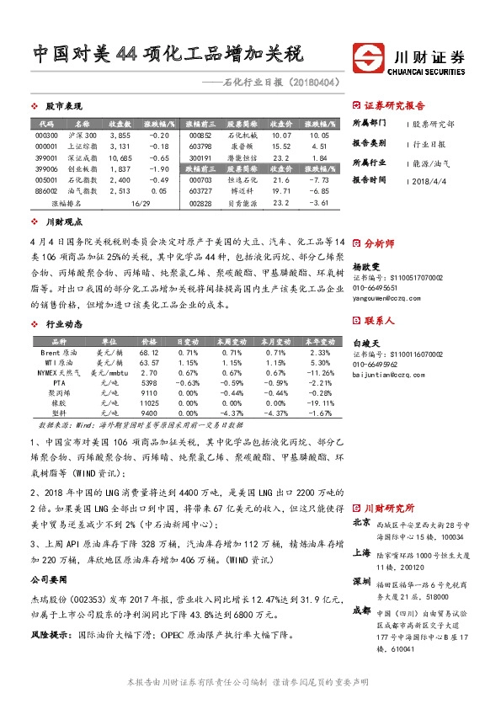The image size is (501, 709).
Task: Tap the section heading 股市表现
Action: (x=63, y=106)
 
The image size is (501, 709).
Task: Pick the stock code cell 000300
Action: (x=47, y=135)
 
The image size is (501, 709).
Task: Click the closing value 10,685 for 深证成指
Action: (x=120, y=157)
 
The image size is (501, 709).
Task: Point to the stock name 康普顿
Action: (x=240, y=146)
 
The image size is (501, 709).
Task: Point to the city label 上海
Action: (x=361, y=552)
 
